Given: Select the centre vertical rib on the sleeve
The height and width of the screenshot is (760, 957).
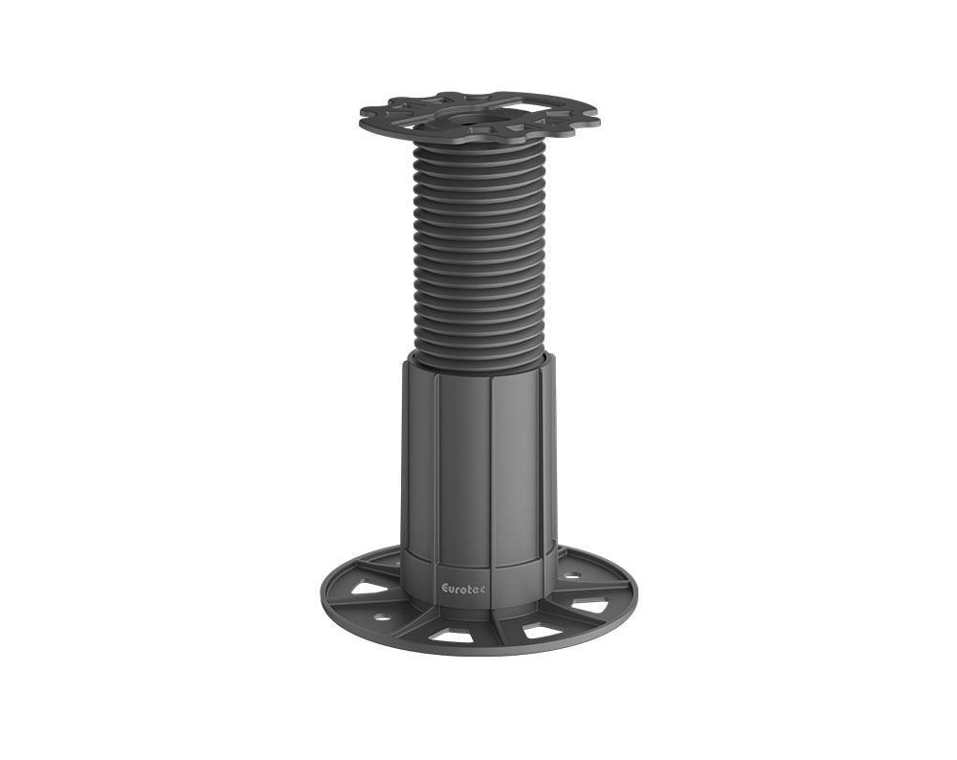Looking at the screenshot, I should coord(490,459).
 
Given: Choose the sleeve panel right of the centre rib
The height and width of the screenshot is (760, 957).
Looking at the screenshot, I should coord(518,459).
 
